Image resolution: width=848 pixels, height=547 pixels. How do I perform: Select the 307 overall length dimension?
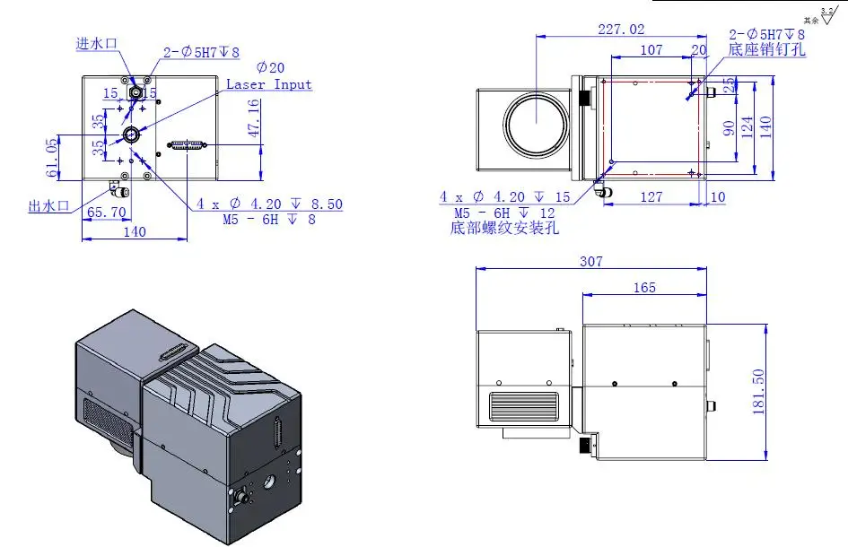590,261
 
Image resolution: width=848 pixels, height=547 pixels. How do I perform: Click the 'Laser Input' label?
269,84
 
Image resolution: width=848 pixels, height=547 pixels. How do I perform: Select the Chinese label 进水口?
98,42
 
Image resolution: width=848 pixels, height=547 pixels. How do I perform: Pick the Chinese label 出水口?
48,206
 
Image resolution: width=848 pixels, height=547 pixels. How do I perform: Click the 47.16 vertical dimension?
253,117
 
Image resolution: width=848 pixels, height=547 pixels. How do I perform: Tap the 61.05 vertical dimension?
52,157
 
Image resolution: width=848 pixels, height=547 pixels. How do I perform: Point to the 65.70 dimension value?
107,213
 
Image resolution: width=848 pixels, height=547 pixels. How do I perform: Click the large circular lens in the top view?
534,123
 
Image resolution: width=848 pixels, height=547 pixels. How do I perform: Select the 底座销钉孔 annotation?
767,50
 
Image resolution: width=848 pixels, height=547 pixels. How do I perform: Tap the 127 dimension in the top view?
651,196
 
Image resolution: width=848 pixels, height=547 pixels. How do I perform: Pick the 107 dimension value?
652,50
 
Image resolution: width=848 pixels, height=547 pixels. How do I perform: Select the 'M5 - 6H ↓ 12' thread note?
504,213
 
